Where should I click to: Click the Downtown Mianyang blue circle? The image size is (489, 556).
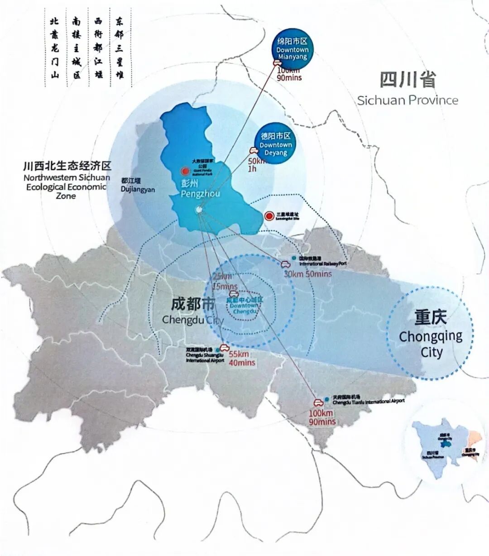[x=292, y=49]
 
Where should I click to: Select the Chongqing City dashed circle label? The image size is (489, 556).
[x=431, y=335]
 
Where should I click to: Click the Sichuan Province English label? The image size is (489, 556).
[x=407, y=100]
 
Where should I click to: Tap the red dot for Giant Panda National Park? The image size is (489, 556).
[x=185, y=171]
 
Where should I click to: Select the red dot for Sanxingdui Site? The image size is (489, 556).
[x=269, y=216]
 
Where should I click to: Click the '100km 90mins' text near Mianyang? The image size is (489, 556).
[x=289, y=74]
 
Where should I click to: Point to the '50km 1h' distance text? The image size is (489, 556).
[x=257, y=165]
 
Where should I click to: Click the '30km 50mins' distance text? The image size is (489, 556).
[x=307, y=274]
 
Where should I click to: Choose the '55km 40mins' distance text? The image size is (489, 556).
[x=241, y=359]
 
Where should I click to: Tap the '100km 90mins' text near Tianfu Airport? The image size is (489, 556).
[x=322, y=417]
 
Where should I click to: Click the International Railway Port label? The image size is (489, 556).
[x=323, y=261]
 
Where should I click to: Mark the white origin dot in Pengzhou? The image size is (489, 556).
[x=199, y=210]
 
